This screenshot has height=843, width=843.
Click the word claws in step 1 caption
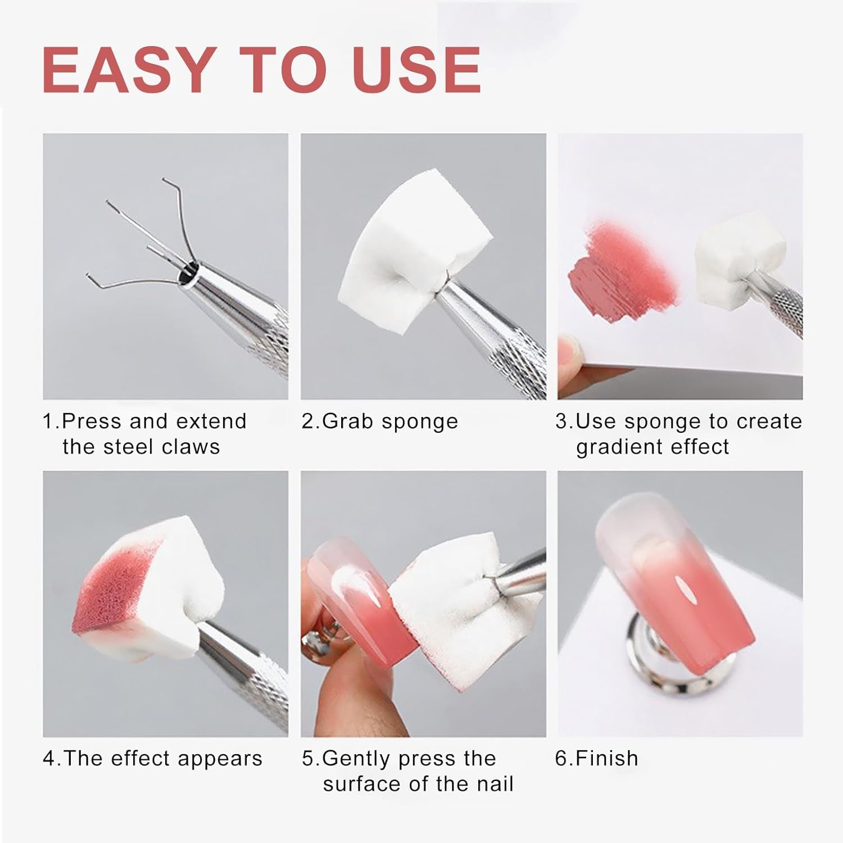(x=191, y=447)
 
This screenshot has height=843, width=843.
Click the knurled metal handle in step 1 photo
(x=264, y=337)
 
